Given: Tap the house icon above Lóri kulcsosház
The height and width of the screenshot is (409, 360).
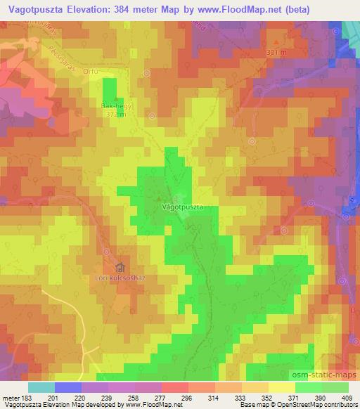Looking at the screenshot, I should click(x=120, y=268).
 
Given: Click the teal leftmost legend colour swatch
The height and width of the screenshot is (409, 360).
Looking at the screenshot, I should click(x=41, y=387).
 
